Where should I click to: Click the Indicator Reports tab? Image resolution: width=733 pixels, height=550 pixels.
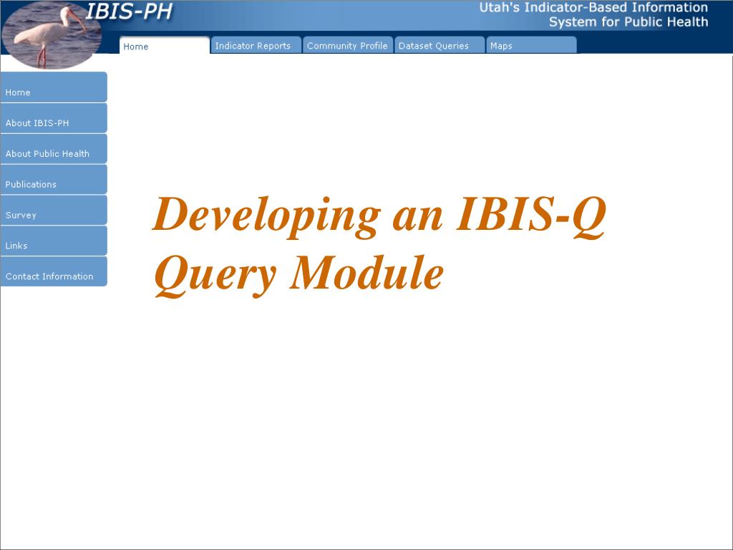(256, 45)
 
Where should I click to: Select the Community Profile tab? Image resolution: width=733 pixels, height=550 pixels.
(348, 45)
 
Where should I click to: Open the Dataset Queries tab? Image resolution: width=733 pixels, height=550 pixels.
(440, 45)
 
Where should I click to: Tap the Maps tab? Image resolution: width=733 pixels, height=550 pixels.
(532, 45)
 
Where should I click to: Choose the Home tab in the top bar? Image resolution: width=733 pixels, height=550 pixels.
(165, 45)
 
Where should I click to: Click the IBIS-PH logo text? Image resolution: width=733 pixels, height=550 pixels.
(129, 11)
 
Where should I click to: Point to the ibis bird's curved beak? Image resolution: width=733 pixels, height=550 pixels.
(79, 21)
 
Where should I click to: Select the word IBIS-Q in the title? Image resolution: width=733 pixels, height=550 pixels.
(531, 215)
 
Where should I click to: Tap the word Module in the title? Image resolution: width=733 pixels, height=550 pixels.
(367, 273)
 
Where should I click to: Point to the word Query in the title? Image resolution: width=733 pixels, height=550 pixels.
(215, 275)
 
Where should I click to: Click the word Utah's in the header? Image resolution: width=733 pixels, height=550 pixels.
(499, 7)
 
